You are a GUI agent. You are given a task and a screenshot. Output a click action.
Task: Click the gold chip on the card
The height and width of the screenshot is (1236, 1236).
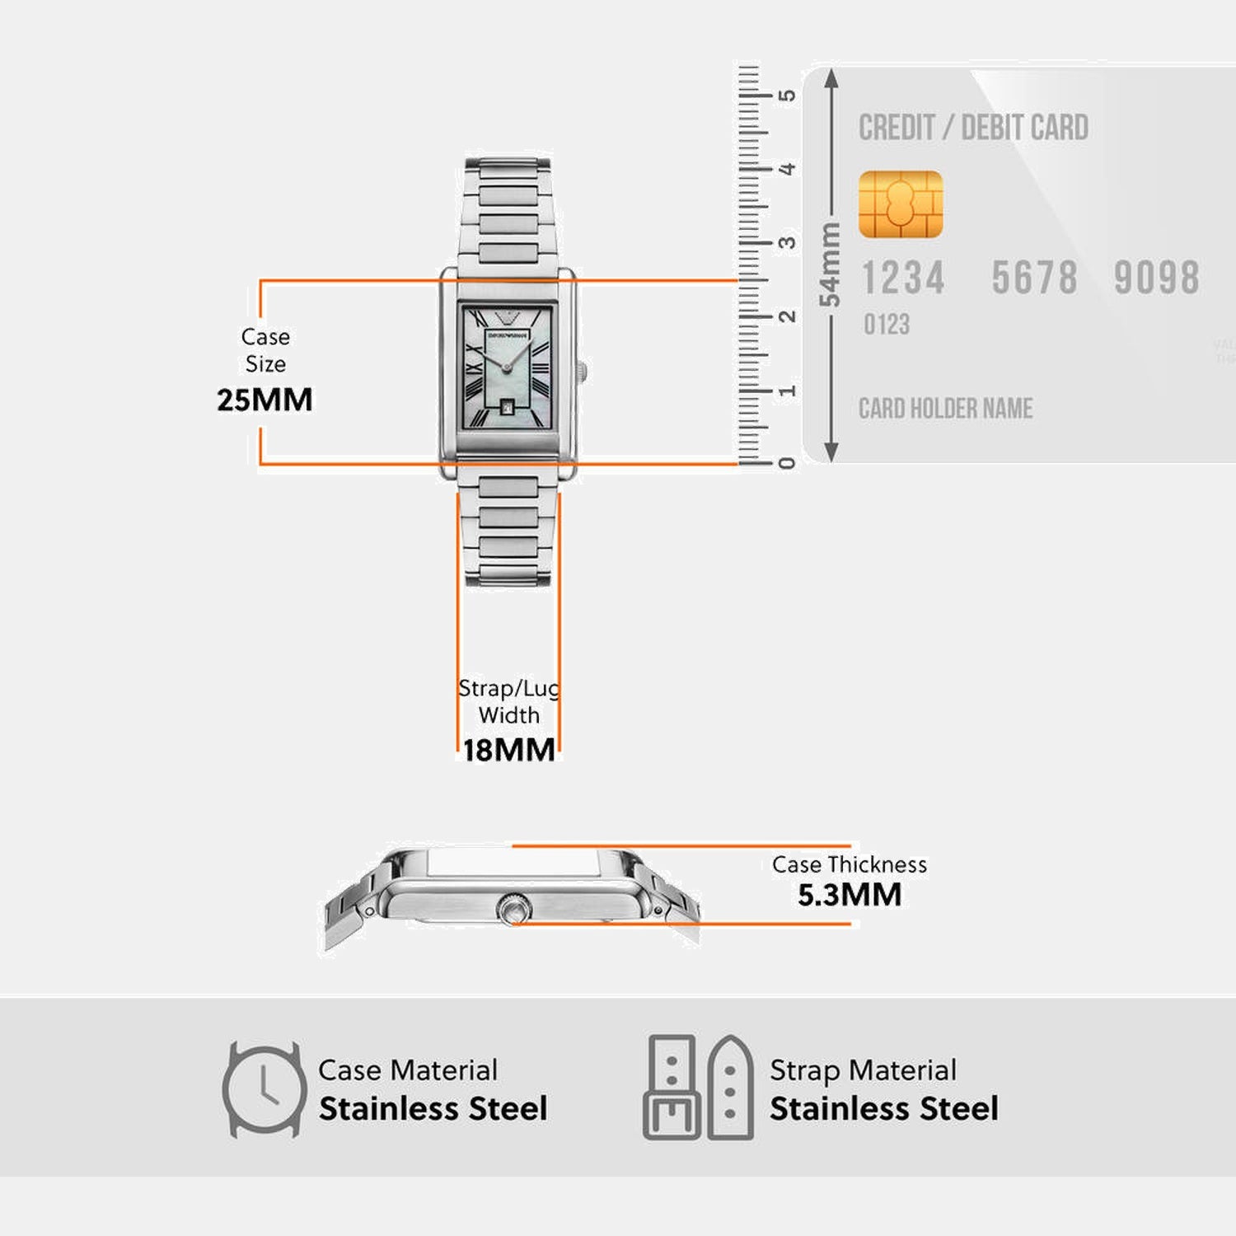[x=900, y=204]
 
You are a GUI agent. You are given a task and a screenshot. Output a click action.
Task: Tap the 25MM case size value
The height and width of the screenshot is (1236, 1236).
[x=265, y=400]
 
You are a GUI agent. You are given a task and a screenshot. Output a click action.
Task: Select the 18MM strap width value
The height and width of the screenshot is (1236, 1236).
[x=508, y=750]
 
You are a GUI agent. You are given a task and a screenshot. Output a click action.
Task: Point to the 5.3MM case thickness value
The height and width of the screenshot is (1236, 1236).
[x=849, y=895]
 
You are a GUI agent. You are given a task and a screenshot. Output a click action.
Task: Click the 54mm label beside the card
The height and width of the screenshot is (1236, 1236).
[x=830, y=265]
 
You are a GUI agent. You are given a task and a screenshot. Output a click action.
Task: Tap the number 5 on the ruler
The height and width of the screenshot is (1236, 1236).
[x=788, y=96]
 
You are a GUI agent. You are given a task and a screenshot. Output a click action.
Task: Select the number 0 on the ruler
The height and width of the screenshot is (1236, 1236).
[x=788, y=464]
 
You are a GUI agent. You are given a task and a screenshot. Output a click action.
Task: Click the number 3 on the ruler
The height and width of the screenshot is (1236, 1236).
[x=788, y=243]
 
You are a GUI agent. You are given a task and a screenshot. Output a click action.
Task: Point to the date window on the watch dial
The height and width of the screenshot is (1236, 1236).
[x=508, y=405]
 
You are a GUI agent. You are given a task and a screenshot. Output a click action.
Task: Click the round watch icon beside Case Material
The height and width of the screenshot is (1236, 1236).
[x=264, y=1089]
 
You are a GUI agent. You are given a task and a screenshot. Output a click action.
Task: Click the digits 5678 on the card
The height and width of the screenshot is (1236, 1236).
[x=1034, y=278]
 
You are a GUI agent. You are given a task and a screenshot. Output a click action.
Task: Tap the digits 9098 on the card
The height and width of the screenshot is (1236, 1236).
[x=1156, y=278]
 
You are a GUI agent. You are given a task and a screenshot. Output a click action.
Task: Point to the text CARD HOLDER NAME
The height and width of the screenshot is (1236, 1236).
[x=945, y=409]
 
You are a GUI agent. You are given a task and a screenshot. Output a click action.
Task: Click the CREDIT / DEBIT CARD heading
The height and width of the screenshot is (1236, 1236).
[x=973, y=128]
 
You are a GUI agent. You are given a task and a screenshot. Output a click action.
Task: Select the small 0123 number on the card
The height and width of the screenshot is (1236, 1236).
[x=886, y=325]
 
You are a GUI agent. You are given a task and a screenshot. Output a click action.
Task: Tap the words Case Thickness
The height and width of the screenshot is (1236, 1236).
[x=849, y=864]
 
